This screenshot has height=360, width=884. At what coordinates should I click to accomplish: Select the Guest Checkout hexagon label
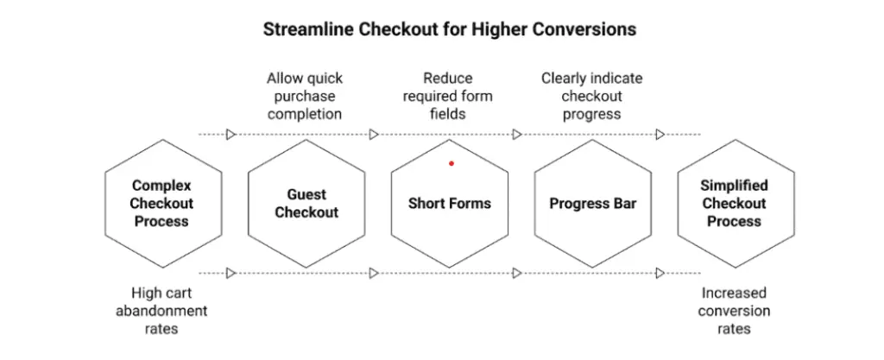[306, 204]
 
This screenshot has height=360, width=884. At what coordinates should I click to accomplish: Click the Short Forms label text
[449, 204]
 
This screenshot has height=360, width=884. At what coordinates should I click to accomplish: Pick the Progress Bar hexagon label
[592, 204]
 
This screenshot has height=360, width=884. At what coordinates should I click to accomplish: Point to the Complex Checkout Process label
[161, 204]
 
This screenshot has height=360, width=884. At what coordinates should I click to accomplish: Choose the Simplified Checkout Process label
[734, 204]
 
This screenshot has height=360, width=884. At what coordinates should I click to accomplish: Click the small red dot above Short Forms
[451, 163]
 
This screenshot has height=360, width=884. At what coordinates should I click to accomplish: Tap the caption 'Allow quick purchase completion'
[304, 96]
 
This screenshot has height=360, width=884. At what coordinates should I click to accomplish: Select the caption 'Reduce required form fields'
[447, 96]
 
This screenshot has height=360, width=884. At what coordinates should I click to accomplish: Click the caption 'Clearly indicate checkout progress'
[591, 96]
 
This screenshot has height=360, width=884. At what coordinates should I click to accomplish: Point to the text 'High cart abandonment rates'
[161, 310]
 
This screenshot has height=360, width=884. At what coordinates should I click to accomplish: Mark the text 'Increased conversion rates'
[734, 311]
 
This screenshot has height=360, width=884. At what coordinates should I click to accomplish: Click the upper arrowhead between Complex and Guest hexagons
[231, 134]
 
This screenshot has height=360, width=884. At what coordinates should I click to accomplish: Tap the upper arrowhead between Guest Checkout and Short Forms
[374, 134]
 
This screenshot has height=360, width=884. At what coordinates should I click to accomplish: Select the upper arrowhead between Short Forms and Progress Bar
[517, 134]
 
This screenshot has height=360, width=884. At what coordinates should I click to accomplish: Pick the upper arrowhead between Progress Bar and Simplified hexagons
[660, 134]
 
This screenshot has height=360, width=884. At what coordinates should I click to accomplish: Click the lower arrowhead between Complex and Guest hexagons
[231, 273]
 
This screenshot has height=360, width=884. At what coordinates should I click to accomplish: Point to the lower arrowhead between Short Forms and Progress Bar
[517, 273]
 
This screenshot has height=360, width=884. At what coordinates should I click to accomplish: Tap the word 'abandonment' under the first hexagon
[161, 311]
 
